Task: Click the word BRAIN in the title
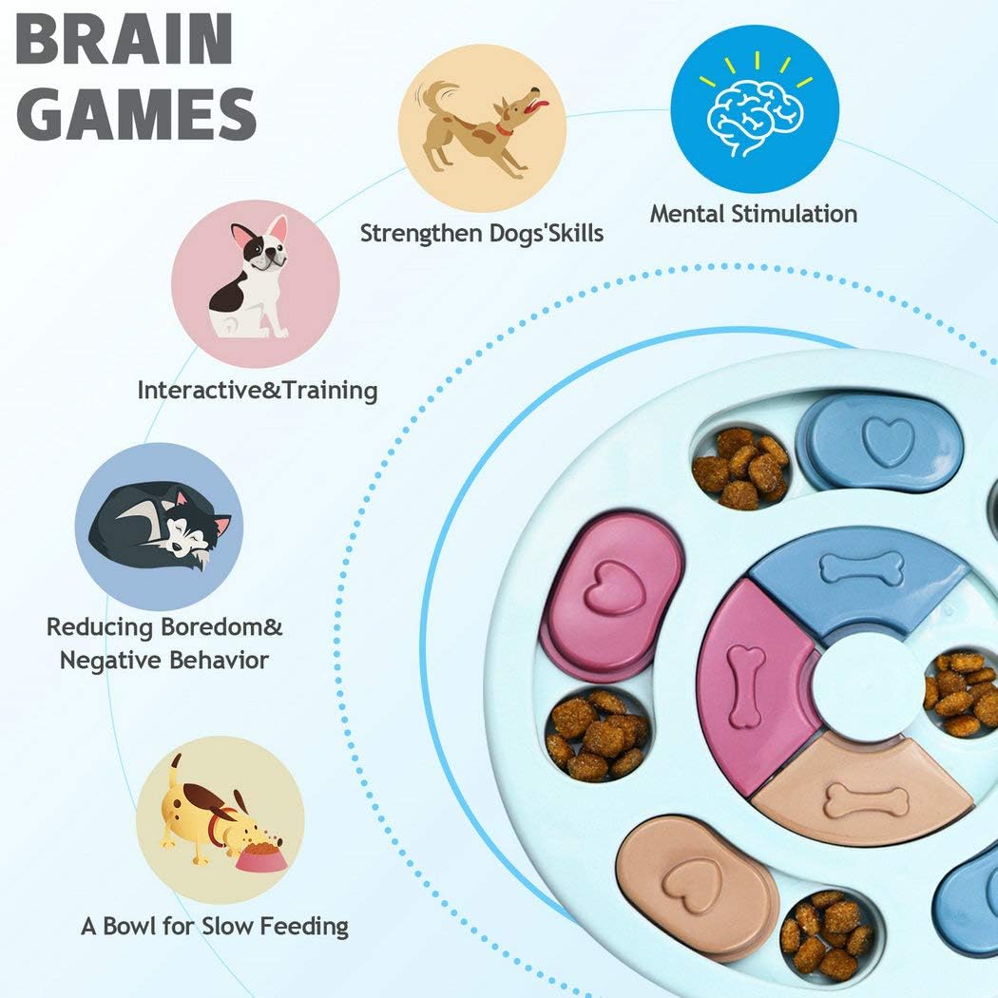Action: click(125, 41)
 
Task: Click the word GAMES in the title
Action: click(137, 114)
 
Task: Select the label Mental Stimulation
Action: click(753, 214)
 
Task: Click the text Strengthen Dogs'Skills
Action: click(481, 233)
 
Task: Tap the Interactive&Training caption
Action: click(257, 390)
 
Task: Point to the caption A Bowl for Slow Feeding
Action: click(215, 926)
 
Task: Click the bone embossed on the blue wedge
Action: click(862, 568)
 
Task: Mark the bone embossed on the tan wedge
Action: click(866, 800)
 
